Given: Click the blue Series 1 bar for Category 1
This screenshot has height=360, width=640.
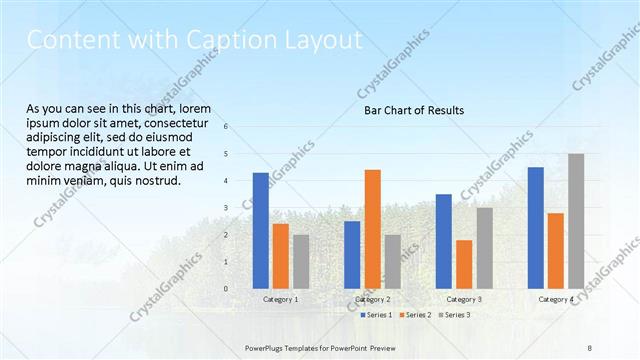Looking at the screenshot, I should pyautogui.click(x=260, y=230).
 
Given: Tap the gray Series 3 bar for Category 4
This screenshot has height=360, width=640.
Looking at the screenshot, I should pyautogui.click(x=576, y=221).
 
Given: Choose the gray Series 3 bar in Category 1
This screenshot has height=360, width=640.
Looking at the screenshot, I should pyautogui.click(x=301, y=261).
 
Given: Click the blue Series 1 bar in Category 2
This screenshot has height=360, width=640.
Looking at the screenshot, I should pyautogui.click(x=352, y=254).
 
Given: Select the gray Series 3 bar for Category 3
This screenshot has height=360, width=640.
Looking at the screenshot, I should pyautogui.click(x=484, y=247).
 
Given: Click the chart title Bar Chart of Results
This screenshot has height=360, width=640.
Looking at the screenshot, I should pyautogui.click(x=413, y=110).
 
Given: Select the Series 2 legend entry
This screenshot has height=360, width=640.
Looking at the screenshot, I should pyautogui.click(x=416, y=315).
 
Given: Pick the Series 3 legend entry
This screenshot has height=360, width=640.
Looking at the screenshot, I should pyautogui.click(x=455, y=315).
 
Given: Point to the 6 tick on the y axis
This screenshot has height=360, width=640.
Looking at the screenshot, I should pyautogui.click(x=226, y=127).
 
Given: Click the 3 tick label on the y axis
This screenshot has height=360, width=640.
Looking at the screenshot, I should pyautogui.click(x=226, y=208).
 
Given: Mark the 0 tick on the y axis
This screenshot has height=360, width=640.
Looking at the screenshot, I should pyautogui.click(x=226, y=289).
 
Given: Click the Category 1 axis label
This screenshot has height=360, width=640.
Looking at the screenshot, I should pyautogui.click(x=280, y=299).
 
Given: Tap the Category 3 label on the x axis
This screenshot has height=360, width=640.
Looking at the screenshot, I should pyautogui.click(x=464, y=299).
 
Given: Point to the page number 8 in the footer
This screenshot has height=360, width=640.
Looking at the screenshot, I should pyautogui.click(x=590, y=347).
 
